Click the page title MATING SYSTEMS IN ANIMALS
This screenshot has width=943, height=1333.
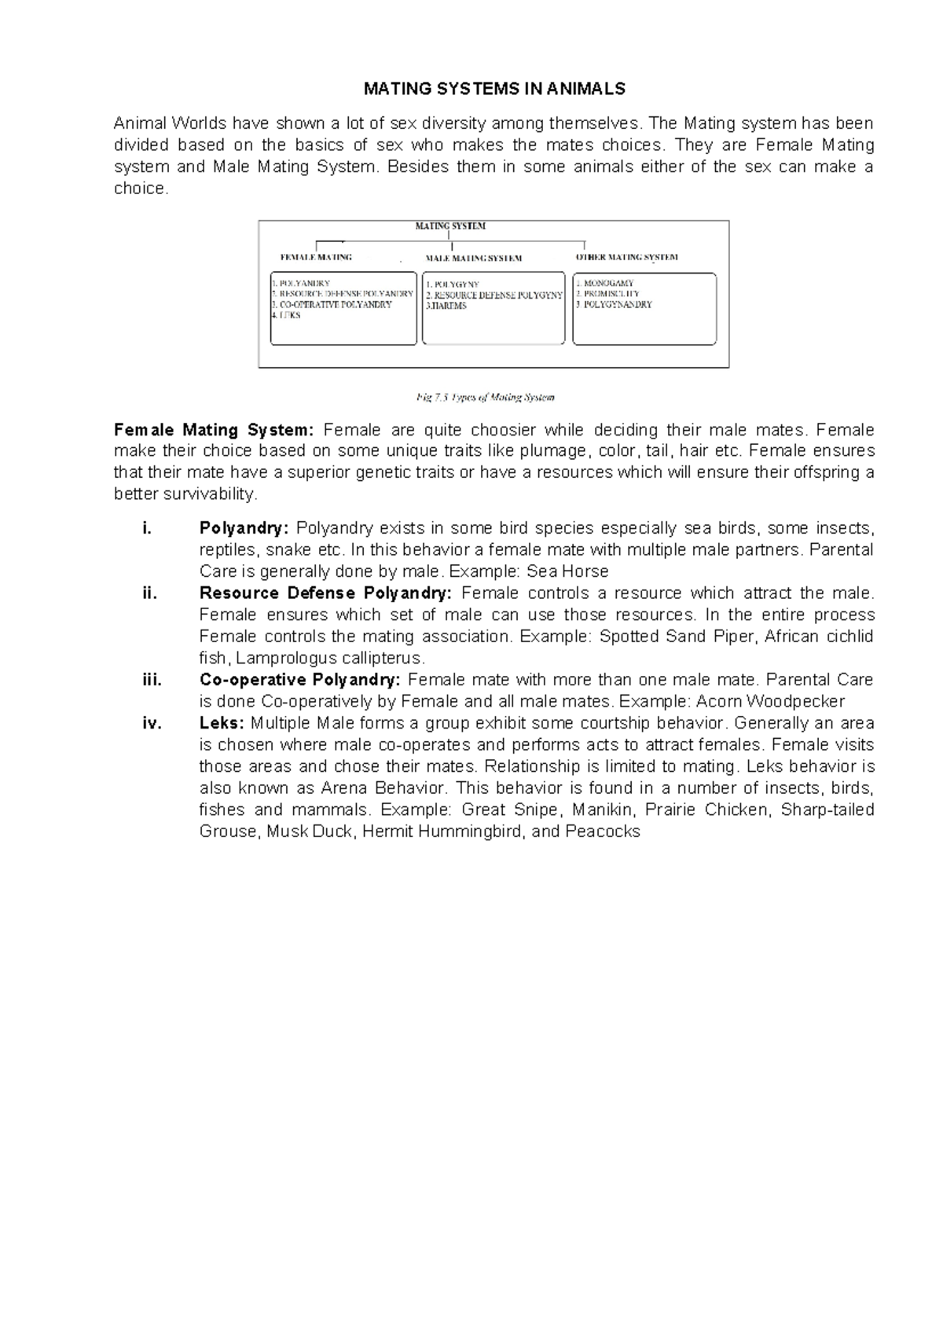[494, 89]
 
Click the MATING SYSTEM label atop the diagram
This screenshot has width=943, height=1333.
[450, 226]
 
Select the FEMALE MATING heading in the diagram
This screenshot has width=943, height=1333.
[316, 257]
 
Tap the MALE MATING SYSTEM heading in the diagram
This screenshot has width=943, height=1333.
[473, 258]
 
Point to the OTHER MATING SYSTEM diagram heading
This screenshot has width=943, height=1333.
[626, 257]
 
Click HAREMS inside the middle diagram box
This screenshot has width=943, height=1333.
[447, 306]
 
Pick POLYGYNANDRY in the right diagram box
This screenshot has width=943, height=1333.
[617, 304]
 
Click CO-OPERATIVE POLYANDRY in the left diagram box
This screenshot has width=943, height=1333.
[335, 304]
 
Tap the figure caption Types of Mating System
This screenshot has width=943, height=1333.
[486, 397]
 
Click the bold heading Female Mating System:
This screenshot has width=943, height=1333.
[214, 430]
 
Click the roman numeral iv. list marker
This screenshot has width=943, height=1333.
[152, 723]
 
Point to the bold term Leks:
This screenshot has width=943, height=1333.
[222, 723]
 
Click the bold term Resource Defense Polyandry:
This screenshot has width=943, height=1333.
[325, 593]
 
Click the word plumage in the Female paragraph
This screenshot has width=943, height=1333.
[555, 451]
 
